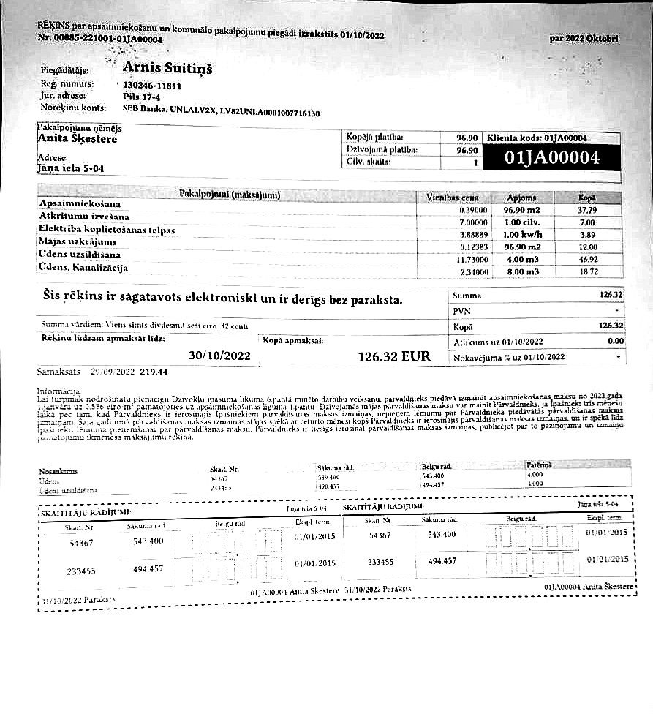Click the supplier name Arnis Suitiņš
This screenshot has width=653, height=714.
click(x=167, y=68)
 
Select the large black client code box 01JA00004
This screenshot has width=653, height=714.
click(x=552, y=158)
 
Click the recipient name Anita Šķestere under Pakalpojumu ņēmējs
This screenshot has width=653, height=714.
click(x=77, y=138)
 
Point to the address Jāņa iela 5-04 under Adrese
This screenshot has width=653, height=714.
click(x=70, y=168)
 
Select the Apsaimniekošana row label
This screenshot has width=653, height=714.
click(x=80, y=203)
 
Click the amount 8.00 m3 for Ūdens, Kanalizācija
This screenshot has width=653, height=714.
click(x=521, y=271)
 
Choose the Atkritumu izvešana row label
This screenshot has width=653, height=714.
click(x=84, y=217)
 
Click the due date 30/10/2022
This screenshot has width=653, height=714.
click(x=219, y=356)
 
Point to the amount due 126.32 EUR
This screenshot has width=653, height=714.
click(x=393, y=357)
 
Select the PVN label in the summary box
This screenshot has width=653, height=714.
click(x=461, y=311)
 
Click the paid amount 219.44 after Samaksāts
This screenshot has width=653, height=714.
click(x=154, y=372)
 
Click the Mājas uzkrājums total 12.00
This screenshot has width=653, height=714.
click(x=587, y=247)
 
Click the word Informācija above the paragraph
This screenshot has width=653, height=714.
click(x=58, y=392)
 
